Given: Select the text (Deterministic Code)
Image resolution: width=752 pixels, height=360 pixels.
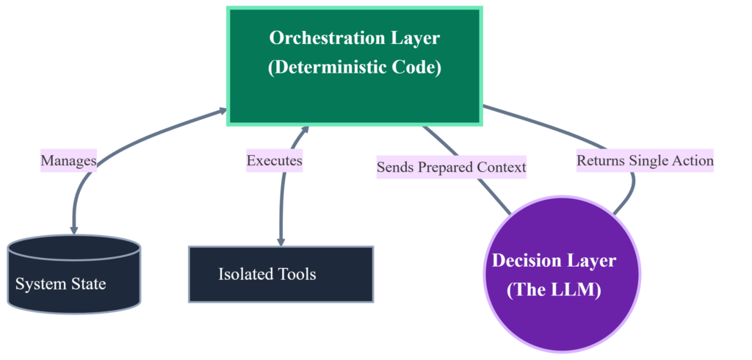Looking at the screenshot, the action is click(355, 67).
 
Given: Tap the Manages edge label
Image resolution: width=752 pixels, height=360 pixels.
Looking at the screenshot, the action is click(68, 161).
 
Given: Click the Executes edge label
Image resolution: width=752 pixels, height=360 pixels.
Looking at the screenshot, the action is click(275, 161).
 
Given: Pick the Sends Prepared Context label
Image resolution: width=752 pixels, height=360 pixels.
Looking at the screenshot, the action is click(452, 168).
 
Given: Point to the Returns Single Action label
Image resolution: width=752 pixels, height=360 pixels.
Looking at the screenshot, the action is click(645, 161).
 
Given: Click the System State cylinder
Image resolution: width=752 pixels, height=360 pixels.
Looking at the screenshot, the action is click(74, 274).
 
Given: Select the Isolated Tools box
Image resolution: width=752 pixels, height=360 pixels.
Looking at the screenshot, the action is click(281, 275).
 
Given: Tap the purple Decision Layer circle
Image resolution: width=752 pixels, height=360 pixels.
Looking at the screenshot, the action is click(562, 274).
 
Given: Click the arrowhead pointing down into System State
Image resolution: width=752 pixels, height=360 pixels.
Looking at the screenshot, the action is click(74, 231).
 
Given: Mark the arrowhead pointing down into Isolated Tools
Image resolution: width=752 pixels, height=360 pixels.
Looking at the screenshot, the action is click(281, 242).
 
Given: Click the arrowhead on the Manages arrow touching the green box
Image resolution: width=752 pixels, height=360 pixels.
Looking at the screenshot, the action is click(223, 110).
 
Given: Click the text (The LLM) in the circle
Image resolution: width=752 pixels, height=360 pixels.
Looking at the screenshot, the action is click(554, 291).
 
